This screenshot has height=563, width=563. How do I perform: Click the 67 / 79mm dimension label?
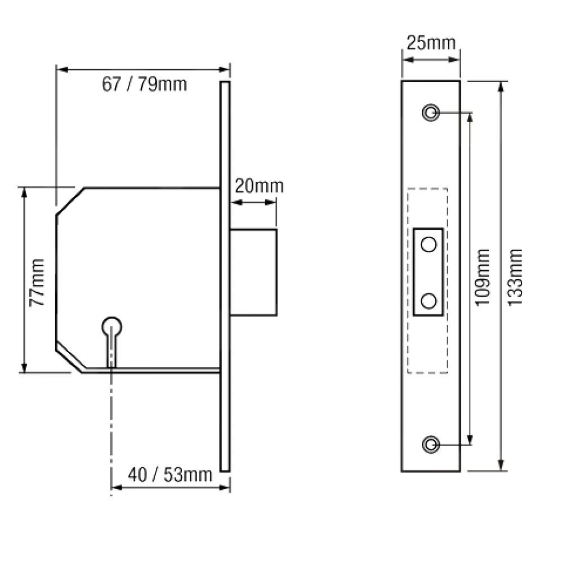click(144, 84)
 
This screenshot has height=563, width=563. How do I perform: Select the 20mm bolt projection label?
click(259, 186)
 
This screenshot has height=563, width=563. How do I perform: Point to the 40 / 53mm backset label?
click(169, 475)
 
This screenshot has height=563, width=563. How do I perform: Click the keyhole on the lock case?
click(111, 327)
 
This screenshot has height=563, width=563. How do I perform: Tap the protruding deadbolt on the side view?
click(253, 271)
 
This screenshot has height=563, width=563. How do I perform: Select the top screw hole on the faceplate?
click(431, 112)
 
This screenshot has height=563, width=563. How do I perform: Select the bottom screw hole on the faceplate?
click(431, 444)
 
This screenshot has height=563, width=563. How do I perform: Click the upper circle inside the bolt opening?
click(429, 244)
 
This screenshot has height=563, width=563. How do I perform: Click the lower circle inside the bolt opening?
click(429, 301)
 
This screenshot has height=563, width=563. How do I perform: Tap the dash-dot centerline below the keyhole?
click(111, 428)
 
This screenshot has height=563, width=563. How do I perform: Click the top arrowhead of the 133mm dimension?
click(501, 86)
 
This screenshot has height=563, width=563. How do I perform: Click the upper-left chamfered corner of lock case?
click(70, 201)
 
